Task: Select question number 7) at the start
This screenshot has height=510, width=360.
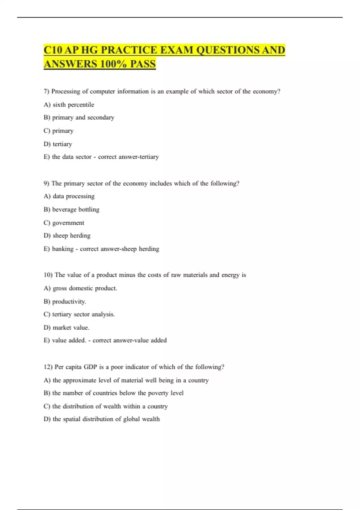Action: [46, 91]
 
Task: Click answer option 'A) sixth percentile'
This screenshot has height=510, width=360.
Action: [69, 105]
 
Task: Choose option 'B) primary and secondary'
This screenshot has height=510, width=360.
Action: [79, 118]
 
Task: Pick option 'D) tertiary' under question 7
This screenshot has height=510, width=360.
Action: [58, 144]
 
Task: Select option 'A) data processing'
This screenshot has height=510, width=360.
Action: [69, 196]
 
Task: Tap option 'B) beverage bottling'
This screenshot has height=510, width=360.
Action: [71, 209]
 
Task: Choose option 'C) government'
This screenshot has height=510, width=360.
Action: [64, 223]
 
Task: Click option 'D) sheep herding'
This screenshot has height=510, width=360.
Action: [67, 235]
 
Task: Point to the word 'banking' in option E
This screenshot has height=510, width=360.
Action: [63, 249]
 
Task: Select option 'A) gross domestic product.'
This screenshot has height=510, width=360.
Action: [80, 288]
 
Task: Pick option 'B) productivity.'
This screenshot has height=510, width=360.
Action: [65, 301]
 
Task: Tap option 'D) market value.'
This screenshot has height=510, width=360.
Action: [67, 328]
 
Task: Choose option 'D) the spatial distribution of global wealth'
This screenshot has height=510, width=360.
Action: [102, 419]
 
